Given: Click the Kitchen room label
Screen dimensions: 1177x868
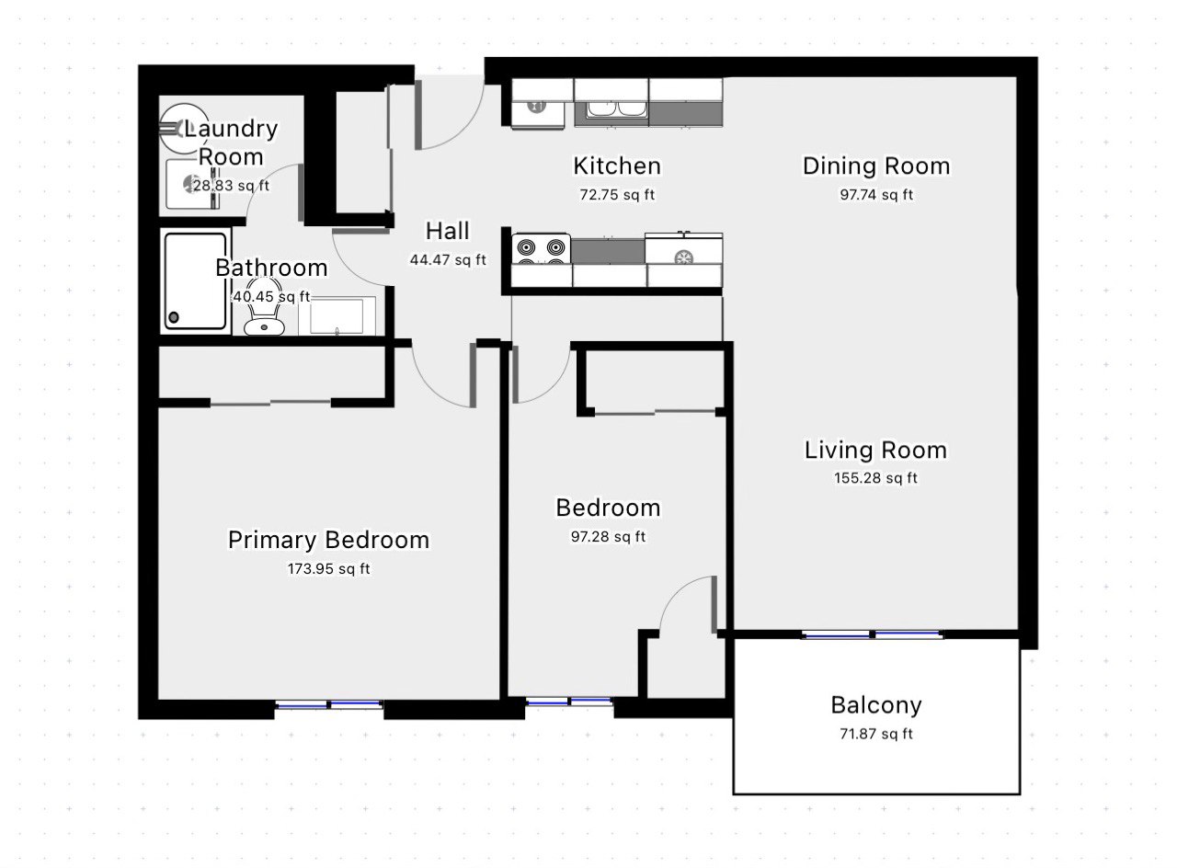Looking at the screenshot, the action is coord(617,166).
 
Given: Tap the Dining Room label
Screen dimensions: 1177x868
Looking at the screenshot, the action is coord(876,166).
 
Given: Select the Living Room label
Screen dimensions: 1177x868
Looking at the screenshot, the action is coord(875,451).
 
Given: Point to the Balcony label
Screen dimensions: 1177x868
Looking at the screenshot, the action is coord(876,705).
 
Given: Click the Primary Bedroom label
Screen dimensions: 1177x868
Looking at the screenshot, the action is coord(328,540).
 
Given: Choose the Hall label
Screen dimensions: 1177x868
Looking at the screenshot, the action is coord(447,231).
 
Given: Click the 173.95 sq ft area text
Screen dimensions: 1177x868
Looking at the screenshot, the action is coord(328,568).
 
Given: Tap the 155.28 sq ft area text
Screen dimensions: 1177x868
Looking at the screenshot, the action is coord(875,478).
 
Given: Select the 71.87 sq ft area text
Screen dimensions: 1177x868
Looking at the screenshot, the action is coord(876,734).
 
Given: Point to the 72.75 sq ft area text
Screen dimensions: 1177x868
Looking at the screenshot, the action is coord(617,195).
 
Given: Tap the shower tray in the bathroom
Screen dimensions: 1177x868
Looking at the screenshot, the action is coord(196,281).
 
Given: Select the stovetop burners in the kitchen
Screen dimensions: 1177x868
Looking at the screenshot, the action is coord(542,249).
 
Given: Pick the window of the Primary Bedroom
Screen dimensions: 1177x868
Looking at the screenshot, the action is coord(329,704).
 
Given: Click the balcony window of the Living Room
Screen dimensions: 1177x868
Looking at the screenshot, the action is coord(873,634).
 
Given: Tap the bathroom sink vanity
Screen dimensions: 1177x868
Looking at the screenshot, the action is coord(337,315).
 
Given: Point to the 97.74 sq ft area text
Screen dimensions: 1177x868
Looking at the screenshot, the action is coord(876,195).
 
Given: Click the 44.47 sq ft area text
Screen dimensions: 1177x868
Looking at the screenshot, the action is coord(448,259).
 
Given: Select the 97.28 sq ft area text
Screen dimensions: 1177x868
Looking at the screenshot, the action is coord(608,536).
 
